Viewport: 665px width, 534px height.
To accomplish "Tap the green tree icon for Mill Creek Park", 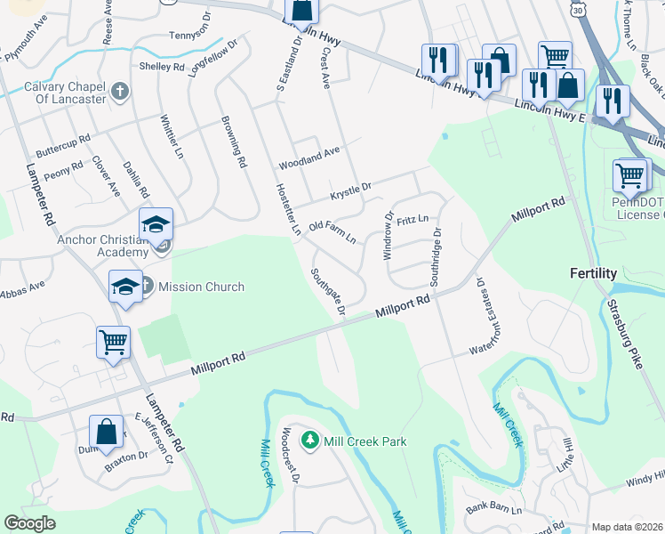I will pos(310,441).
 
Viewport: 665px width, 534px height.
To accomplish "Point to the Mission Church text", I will pos(201,287).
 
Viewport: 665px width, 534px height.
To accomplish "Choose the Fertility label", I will pos(593,273).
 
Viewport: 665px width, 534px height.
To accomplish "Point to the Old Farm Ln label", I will pos(332,233).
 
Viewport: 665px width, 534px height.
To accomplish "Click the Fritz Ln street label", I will pos(413,219).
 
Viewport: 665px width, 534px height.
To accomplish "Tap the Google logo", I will pos(30,523).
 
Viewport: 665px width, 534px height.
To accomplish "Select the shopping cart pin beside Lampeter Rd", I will pos(114,343).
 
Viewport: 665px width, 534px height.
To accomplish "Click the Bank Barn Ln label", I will pos(493,511).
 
